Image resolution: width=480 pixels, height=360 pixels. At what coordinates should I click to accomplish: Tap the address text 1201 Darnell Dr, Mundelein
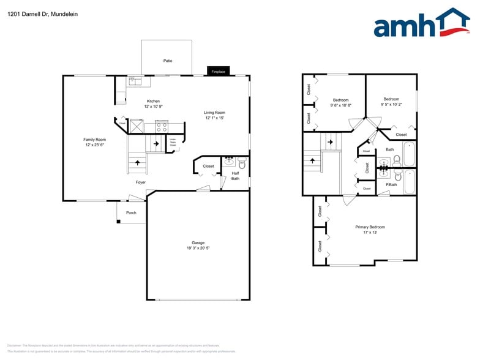point(34,13)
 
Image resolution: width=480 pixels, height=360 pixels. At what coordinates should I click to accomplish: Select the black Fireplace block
point(219,71)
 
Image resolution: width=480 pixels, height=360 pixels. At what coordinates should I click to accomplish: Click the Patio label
point(167,61)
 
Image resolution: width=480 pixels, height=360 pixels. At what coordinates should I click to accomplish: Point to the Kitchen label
point(153,101)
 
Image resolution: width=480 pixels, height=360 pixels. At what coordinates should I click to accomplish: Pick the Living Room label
point(214,112)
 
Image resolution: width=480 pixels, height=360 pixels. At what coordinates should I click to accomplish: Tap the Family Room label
point(94,140)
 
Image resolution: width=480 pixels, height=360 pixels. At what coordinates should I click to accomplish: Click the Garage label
point(198,242)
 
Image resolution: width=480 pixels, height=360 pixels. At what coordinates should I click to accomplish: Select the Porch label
point(131,212)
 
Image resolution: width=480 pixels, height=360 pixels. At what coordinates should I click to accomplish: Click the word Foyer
point(141,182)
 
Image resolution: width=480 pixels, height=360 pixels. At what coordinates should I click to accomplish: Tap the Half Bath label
point(235,176)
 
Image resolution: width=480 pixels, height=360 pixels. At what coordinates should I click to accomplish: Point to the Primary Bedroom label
point(370,227)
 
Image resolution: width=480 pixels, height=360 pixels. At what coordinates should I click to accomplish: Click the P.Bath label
point(391,184)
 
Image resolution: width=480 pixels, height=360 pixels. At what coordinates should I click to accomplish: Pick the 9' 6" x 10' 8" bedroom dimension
point(340,105)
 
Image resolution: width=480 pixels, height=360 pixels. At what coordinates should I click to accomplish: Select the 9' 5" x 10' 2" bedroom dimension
point(391,104)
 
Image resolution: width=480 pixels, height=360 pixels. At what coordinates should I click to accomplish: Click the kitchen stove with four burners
point(162,127)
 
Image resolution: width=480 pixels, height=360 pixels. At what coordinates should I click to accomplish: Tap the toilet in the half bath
point(242,163)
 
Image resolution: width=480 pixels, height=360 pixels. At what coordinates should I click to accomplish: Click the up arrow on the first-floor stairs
point(137,163)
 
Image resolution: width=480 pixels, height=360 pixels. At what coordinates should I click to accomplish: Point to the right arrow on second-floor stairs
point(331,142)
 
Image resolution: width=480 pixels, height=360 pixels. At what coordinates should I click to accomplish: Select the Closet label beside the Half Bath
point(208,166)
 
